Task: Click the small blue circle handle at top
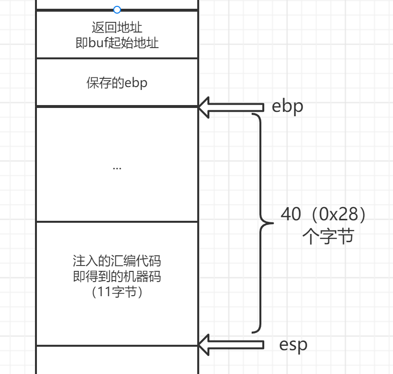(117, 9)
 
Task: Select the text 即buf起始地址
(117, 42)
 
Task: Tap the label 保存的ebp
(117, 83)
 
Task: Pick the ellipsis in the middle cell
(117, 167)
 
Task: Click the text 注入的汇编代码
(117, 260)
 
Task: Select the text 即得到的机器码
(117, 277)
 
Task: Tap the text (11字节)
(117, 293)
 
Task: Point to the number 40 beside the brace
(290, 214)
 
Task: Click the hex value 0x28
(337, 214)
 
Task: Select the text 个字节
(327, 237)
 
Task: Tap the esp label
(293, 345)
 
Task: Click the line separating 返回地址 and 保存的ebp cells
(117, 58)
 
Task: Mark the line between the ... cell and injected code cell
(117, 222)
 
